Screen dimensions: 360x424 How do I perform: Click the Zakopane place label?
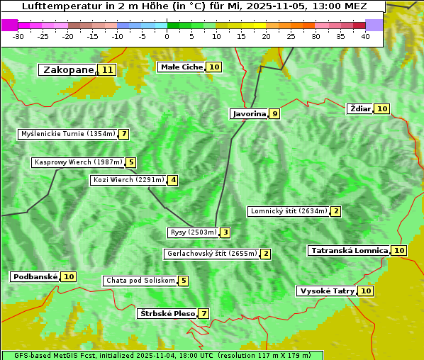coord(68,69)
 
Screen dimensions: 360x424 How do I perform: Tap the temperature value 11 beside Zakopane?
coord(107,69)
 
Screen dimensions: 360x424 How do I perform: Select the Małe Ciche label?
coord(182,67)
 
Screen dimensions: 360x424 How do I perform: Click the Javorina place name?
coord(249,113)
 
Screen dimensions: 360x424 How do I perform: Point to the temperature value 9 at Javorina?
coord(274,113)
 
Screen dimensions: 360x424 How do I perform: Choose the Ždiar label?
coord(360,108)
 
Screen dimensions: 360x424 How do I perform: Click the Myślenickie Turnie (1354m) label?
coord(67,134)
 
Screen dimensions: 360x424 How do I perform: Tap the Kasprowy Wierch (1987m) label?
coord(78,162)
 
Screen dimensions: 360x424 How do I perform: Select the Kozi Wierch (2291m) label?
coord(128,180)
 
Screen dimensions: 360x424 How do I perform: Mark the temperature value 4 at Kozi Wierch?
coord(172,180)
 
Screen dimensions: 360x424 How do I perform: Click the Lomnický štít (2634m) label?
coord(289,211)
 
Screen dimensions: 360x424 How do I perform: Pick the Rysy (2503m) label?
coord(192,232)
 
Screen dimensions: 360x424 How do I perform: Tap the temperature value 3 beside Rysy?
coord(225,232)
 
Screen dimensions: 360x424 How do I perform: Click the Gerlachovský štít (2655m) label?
coord(211,254)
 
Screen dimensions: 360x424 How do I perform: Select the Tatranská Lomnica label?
coord(349,250)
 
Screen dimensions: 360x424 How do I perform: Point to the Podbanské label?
coord(34,276)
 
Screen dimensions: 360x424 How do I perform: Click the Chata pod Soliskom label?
coord(139,281)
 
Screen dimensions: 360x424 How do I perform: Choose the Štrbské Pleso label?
coord(167,313)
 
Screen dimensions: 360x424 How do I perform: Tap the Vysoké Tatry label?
coord(326,291)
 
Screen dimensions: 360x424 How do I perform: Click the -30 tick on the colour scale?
coord(19,36)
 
